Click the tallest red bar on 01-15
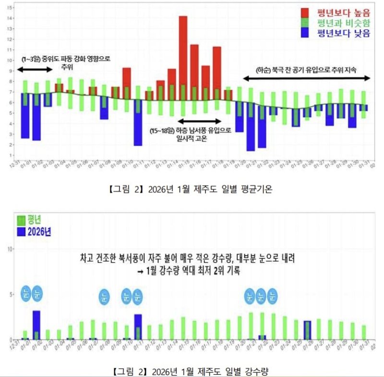(x=183, y=58)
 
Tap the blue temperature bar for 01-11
(x=138, y=123)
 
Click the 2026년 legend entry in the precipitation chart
(x=35, y=231)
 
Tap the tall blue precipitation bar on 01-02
(x=36, y=325)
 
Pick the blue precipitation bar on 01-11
(x=138, y=327)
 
